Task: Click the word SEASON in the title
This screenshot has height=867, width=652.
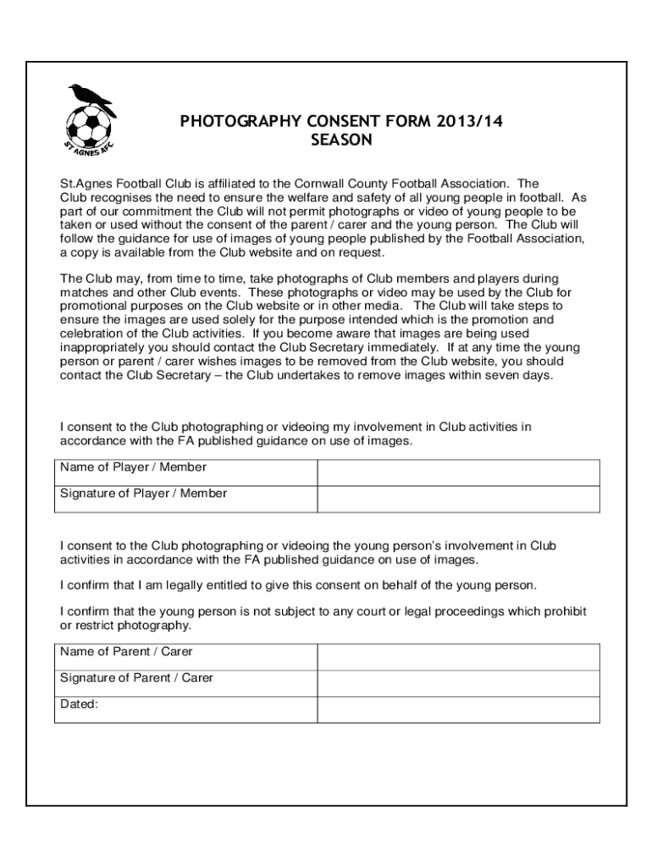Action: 341,141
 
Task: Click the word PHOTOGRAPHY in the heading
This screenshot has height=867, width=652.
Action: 240,122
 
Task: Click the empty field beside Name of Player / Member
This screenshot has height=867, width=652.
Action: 458,472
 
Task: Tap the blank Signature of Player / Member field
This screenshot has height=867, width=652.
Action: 458,499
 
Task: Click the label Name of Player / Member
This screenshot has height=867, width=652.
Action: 133,467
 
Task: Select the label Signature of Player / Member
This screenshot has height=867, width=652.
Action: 143,494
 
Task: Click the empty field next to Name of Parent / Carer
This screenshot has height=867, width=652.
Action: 458,657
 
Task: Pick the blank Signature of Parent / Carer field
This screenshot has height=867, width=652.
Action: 458,683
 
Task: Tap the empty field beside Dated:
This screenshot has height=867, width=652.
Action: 458,710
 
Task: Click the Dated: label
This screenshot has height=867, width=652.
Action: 80,704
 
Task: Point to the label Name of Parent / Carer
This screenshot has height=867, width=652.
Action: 126,652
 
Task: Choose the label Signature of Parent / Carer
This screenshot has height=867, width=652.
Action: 136,678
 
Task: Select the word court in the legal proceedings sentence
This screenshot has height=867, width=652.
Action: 365,611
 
